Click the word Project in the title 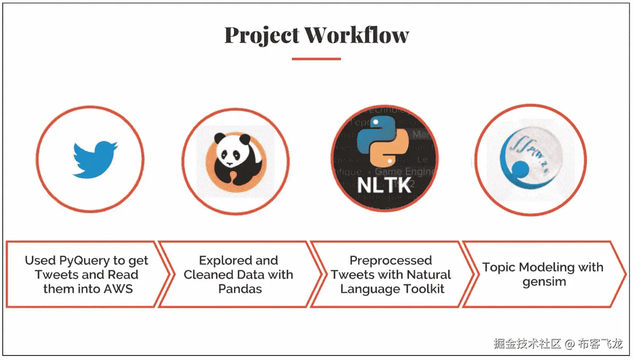[262, 36]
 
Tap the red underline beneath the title [316, 58]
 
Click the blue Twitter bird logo [95, 160]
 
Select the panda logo [235, 160]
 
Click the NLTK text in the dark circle [384, 185]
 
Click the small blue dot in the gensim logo [520, 170]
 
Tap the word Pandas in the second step [240, 289]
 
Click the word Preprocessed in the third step [391, 261]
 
